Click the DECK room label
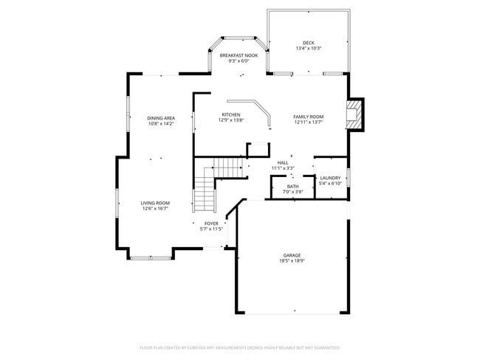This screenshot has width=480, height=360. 308,43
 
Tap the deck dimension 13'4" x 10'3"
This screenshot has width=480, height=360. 308,49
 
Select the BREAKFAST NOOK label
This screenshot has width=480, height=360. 239,55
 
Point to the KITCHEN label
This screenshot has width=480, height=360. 230,115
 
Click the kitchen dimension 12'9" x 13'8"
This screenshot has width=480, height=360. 230,121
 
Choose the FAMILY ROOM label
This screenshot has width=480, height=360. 308,117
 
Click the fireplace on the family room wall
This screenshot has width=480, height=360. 355,114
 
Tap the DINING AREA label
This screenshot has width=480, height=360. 160,118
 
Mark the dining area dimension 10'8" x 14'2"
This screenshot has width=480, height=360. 160,124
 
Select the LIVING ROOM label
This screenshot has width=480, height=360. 156,203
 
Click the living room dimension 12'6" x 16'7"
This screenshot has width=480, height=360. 156,209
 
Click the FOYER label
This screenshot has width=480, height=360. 211,223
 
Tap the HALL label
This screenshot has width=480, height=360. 283,162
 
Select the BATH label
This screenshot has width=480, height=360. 293,186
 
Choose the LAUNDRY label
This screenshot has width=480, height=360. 330,178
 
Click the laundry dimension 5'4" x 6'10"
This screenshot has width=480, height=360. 330,184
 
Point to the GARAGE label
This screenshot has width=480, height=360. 292,255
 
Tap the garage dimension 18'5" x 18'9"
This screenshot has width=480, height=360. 292,261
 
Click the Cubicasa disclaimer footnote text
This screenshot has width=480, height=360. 239,347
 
